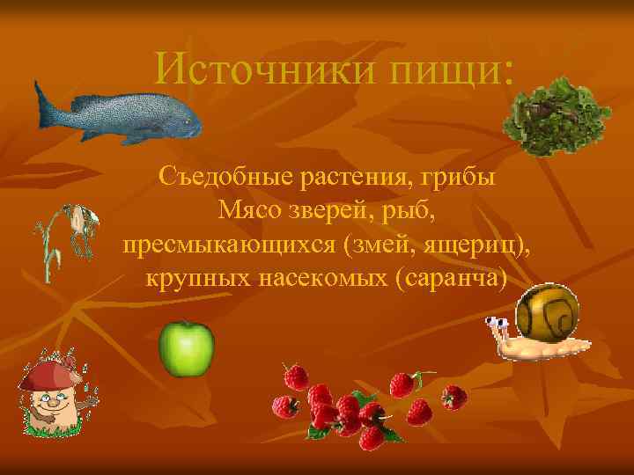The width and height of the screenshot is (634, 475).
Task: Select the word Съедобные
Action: (x=225, y=177)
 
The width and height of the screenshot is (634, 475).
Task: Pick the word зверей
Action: (x=334, y=210)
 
